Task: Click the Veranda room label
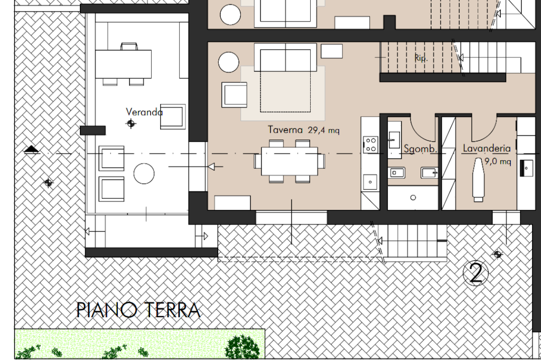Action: coord(144,112)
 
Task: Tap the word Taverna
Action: coord(285,130)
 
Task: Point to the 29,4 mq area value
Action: coord(324,130)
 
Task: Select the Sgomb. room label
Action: coord(421,149)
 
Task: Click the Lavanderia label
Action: coord(487,149)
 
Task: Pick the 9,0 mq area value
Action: coord(498,161)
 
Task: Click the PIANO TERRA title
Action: coord(138,310)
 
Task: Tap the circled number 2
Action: coord(476,273)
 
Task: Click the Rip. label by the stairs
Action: coord(421,58)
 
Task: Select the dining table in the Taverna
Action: coord(289,161)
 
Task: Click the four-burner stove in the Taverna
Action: coord(370,145)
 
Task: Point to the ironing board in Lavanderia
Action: coord(478,180)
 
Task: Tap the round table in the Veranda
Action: coord(144,173)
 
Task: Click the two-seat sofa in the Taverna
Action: coord(285,57)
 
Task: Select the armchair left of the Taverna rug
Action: coord(234,95)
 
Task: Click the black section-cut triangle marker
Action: coord(32,149)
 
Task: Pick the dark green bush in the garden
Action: coord(242,347)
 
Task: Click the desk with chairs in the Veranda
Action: coord(123,64)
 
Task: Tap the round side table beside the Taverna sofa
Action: coord(229,62)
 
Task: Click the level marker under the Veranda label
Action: coord(131,123)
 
